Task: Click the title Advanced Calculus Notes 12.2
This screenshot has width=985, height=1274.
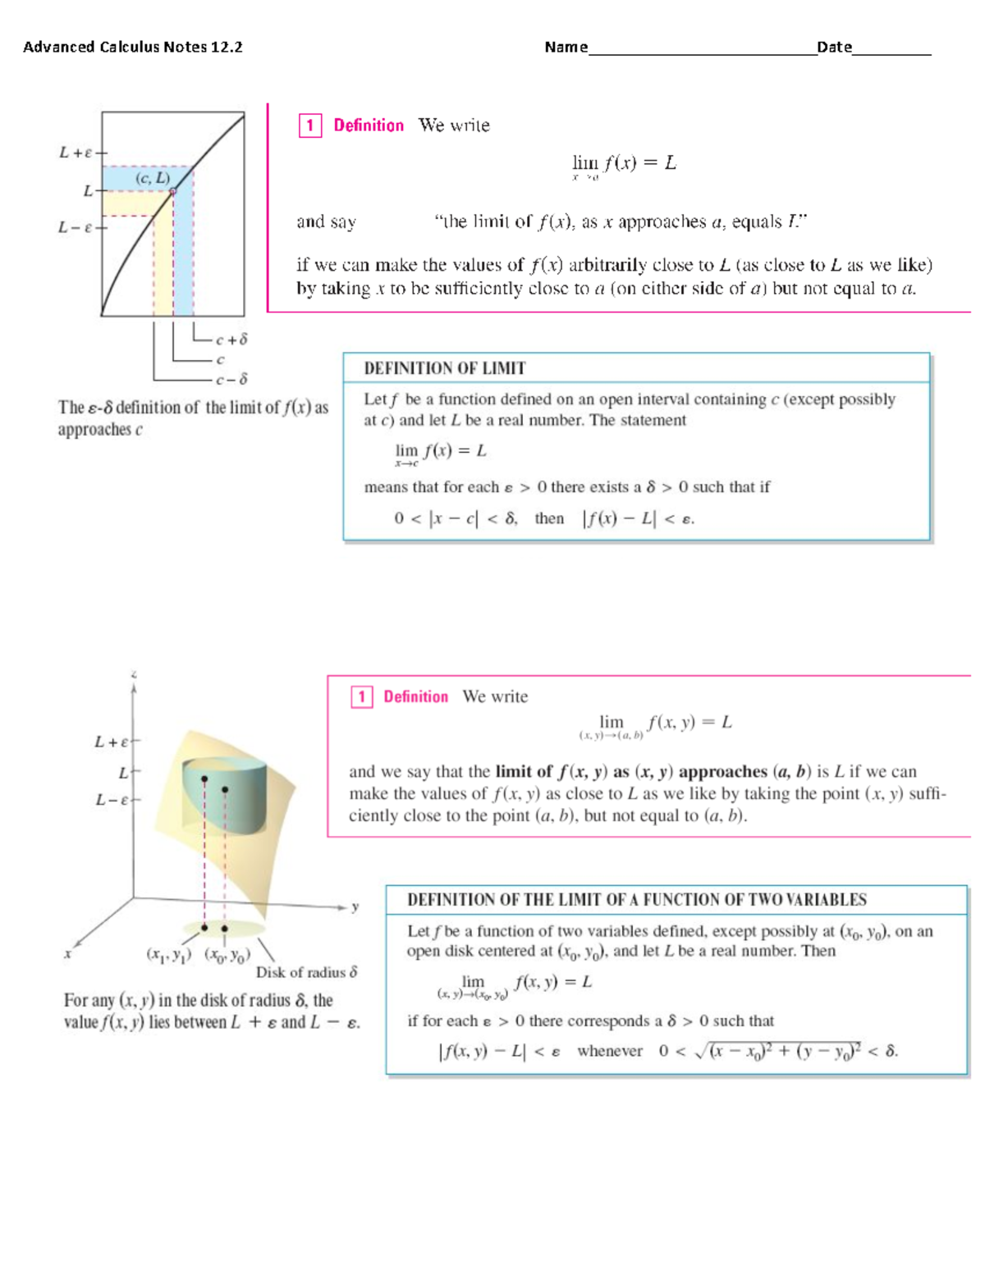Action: [x=133, y=48]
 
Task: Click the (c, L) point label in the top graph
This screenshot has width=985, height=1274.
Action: [x=153, y=178]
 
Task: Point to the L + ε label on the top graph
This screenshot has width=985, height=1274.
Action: [x=76, y=153]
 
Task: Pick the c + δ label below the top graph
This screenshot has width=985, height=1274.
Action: [x=231, y=339]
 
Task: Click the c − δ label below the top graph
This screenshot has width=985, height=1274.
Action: [x=231, y=380]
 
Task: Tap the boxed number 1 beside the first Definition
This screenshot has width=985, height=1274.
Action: [x=309, y=126]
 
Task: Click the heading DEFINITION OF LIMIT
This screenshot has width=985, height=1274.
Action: [x=444, y=368]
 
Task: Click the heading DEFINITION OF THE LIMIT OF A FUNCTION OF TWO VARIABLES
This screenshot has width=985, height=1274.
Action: [x=636, y=900]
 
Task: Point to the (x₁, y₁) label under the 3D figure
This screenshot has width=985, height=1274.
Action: [x=168, y=955]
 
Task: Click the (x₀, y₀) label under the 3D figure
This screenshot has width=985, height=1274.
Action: [x=227, y=955]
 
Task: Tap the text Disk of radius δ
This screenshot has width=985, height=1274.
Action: [x=306, y=973]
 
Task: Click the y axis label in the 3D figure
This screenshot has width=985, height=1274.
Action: [x=355, y=907]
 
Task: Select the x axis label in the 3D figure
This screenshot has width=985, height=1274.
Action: [x=67, y=954]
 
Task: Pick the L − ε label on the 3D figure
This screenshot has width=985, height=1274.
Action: [x=112, y=800]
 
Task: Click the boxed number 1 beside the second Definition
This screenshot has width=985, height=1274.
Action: [x=361, y=697]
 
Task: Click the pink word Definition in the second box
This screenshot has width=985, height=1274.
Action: [x=415, y=697]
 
